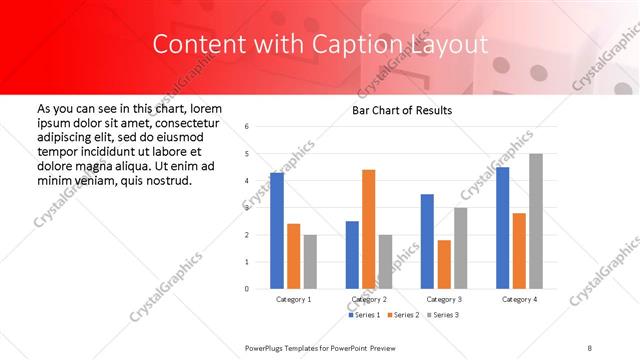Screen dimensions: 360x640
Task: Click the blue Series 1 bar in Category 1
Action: [277, 231]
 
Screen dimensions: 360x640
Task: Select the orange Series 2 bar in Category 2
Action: [369, 229]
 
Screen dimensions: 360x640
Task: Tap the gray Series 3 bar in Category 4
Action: [536, 221]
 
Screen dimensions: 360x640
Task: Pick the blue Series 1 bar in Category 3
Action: [427, 241]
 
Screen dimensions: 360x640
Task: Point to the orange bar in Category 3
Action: [444, 264]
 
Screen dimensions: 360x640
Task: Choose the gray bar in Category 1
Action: [310, 261]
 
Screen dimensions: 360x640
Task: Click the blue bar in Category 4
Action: [502, 228]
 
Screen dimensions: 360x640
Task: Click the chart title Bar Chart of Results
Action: [402, 110]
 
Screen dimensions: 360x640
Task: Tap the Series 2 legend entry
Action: [403, 315]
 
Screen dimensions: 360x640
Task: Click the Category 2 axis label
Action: [369, 299]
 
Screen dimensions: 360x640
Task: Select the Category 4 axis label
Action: [519, 299]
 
